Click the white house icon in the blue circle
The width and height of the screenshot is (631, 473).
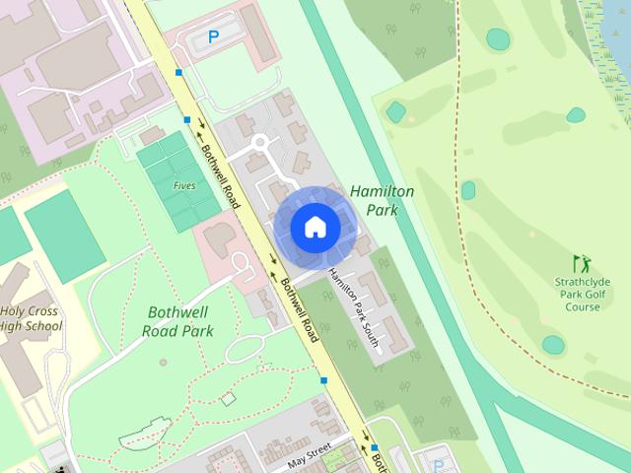click(x=315, y=227)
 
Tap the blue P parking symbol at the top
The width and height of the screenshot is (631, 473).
click(x=213, y=37)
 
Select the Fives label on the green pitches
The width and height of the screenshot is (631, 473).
click(x=183, y=185)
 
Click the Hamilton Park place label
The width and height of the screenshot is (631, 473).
click(x=382, y=200)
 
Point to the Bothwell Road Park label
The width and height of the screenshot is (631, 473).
click(x=179, y=321)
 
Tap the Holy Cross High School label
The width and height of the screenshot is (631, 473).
click(x=30, y=318)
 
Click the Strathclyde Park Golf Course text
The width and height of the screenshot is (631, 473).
click(x=583, y=294)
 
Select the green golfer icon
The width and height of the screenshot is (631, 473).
click(x=582, y=264)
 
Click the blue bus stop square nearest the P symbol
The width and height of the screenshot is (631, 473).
click(x=178, y=72)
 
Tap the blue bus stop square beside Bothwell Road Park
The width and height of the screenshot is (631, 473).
click(x=323, y=379)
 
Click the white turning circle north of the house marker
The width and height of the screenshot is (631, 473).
click(x=260, y=143)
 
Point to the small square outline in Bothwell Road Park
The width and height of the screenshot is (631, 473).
click(x=229, y=399)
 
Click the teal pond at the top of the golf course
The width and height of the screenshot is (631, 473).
click(x=498, y=38)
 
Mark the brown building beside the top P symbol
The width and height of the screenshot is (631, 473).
click(x=258, y=32)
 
